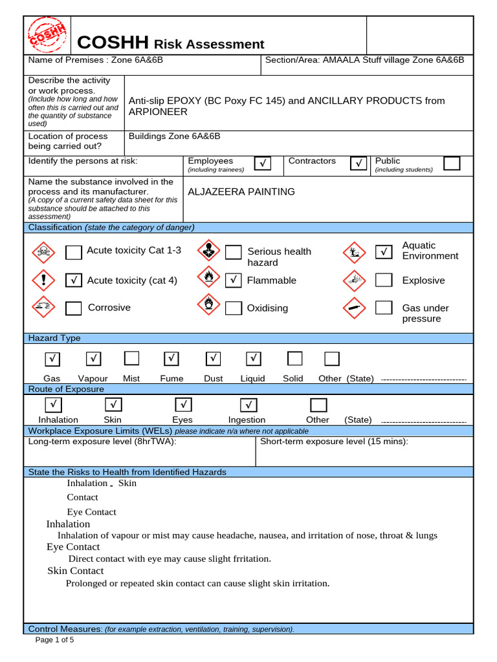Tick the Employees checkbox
263,164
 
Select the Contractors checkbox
359,164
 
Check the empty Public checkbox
452,163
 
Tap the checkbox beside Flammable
234,280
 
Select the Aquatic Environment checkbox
384,251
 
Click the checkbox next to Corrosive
74,308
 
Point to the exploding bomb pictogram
352,279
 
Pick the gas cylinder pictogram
352,308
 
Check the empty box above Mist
131,358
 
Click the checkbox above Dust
213,358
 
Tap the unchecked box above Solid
294,358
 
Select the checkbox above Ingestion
248,405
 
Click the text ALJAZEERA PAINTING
241,192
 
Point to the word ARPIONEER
158,112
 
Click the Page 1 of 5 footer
55,640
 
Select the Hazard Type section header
54,338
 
